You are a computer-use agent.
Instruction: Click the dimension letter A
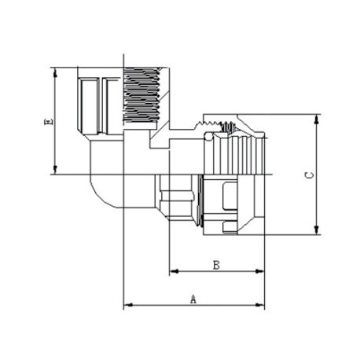pyautogui.click(x=193, y=299)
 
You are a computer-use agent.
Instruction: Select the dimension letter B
pyautogui.click(x=216, y=265)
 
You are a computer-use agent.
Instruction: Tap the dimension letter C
pyautogui.click(x=310, y=175)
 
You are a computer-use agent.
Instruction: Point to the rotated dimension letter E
pyautogui.click(x=48, y=122)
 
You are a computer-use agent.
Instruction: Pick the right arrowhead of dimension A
pyautogui.click(x=260, y=305)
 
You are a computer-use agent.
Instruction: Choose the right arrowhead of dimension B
pyautogui.click(x=260, y=271)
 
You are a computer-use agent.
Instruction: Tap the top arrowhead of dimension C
pyautogui.click(x=317, y=119)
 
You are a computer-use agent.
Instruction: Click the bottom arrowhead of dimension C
pyautogui.click(x=317, y=230)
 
